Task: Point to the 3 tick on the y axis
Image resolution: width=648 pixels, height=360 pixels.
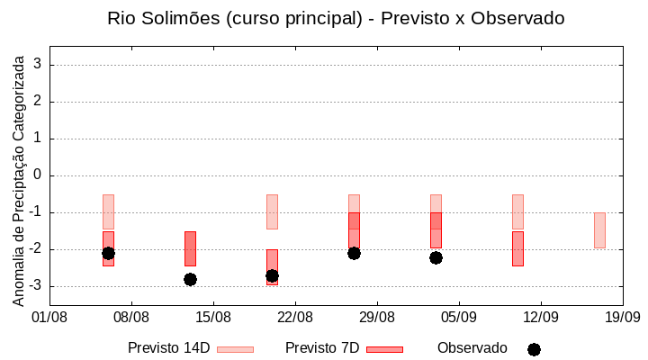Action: click(38, 65)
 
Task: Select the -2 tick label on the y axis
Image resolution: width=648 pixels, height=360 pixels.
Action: click(35, 249)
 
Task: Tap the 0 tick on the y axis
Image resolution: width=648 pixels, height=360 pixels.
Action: click(38, 175)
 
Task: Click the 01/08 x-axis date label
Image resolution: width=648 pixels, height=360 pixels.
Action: click(49, 317)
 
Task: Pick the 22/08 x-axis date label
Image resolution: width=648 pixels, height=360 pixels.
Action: click(295, 317)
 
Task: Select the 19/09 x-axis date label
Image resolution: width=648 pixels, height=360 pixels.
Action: click(622, 317)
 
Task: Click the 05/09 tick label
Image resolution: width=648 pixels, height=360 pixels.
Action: click(459, 317)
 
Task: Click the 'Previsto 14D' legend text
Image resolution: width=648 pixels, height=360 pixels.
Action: click(168, 348)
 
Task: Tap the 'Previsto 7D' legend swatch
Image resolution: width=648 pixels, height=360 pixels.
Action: click(384, 349)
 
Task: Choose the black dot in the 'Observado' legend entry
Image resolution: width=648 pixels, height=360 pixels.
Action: click(534, 349)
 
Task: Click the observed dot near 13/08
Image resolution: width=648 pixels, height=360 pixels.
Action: click(190, 279)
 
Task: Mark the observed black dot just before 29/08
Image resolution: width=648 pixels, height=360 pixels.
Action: click(354, 253)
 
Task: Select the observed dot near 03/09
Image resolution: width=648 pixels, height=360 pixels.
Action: click(436, 257)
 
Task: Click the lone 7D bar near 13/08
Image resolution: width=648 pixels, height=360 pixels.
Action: click(190, 248)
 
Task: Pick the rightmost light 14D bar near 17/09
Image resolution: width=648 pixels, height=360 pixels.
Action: click(599, 230)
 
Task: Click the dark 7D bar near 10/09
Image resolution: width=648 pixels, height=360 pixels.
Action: click(517, 248)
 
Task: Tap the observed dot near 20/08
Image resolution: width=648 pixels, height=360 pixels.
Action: click(272, 275)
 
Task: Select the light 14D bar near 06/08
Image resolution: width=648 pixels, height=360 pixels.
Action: click(108, 211)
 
